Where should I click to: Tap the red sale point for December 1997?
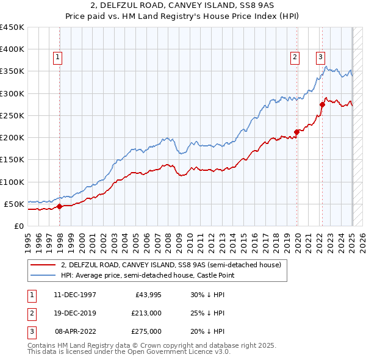[60, 206]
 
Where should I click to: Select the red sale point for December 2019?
[297, 131]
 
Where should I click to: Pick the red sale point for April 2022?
[322, 104]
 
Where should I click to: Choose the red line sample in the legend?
[43, 265]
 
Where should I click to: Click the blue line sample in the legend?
[43, 276]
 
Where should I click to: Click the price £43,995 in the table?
[146, 295]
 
